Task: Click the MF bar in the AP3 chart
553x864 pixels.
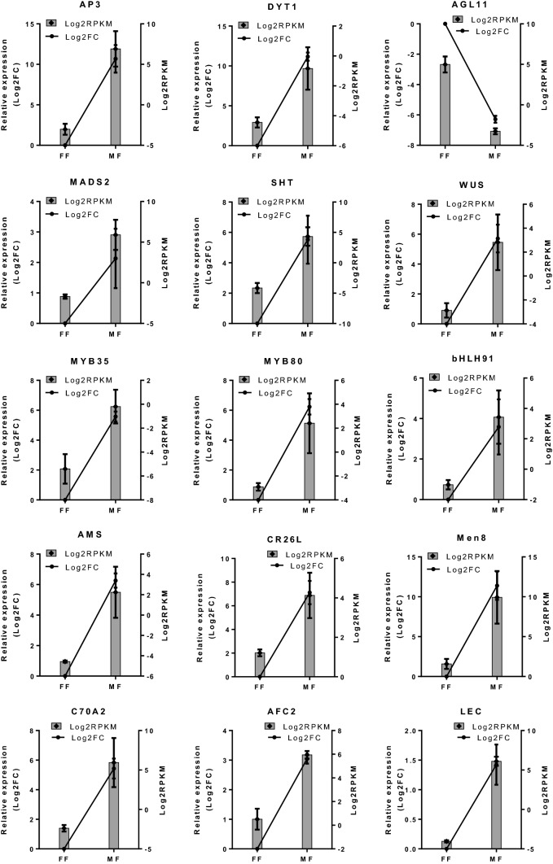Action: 116,98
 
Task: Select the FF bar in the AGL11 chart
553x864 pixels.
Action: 445,105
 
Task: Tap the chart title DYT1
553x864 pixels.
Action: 275,7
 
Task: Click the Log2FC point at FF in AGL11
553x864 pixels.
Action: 445,24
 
